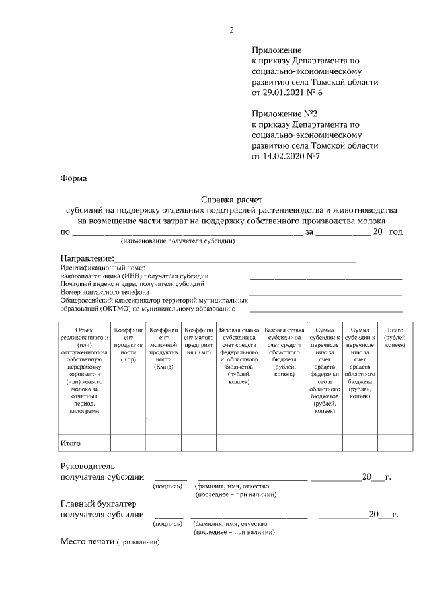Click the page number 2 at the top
click(231, 30)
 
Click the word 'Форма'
click(73, 178)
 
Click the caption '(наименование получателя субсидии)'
click(177, 241)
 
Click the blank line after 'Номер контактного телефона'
click(325, 291)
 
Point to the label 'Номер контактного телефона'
click(104, 291)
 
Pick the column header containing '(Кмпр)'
click(163, 347)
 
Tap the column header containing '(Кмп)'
click(198, 340)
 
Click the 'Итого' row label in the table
click(70, 443)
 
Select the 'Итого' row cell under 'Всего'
click(395, 443)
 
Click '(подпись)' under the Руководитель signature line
click(168, 486)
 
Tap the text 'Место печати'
click(87, 542)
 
